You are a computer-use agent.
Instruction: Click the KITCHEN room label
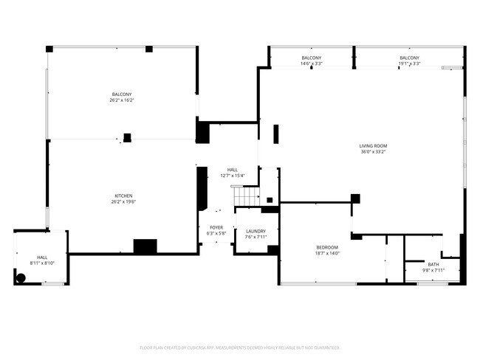tap(123, 195)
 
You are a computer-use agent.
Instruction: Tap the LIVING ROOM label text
tap(373, 146)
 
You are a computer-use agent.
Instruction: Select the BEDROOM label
tap(326, 247)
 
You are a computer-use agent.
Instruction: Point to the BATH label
tap(433, 264)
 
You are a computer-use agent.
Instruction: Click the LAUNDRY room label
tap(256, 231)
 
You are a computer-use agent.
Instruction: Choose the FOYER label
tap(216, 227)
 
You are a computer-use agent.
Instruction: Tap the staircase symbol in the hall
tap(247, 196)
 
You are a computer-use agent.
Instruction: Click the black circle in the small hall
tap(21, 278)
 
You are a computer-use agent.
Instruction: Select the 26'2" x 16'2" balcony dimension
tap(123, 100)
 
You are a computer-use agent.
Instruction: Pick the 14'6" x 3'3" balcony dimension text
tap(311, 63)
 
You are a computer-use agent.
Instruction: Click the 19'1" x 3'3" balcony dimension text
tap(409, 63)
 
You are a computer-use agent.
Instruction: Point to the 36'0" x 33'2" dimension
tap(373, 153)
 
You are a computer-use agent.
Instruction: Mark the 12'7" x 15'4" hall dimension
tap(233, 176)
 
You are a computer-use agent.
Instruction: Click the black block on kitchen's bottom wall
tap(145, 247)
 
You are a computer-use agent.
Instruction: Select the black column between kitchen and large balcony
tap(127, 137)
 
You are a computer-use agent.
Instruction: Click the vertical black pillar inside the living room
tap(276, 134)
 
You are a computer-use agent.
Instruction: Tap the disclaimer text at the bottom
tap(240, 347)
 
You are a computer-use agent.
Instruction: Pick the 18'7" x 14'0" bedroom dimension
tap(326, 254)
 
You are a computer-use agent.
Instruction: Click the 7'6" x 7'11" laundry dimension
tap(256, 238)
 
